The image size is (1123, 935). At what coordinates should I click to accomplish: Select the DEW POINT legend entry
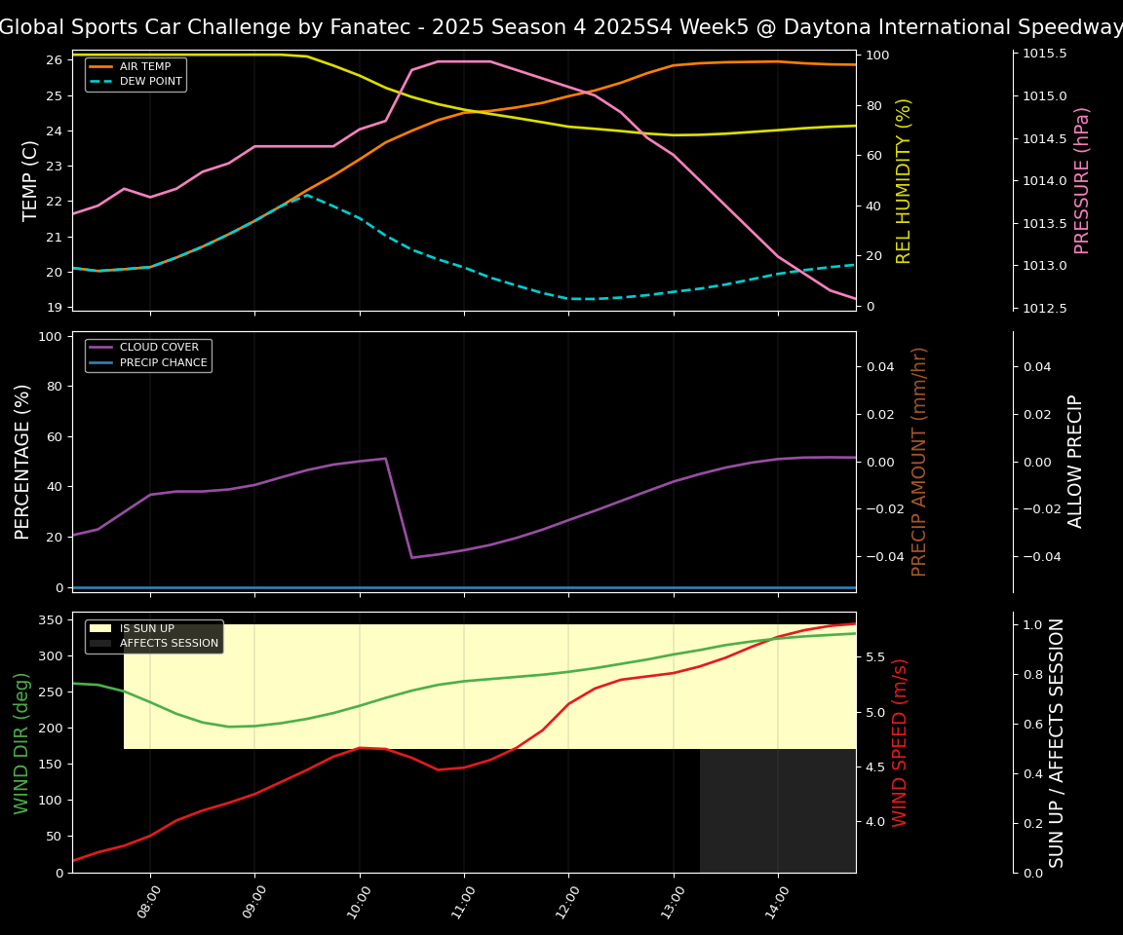click(150, 82)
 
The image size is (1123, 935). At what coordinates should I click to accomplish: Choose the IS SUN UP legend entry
click(146, 629)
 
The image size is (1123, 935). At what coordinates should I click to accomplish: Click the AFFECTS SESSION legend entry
click(169, 644)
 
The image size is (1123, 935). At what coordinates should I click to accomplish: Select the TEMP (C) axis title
click(31, 180)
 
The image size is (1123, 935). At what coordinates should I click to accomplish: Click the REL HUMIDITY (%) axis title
click(904, 180)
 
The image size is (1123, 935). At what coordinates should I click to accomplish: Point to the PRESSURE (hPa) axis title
click(1082, 180)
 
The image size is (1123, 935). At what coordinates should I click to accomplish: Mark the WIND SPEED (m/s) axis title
click(900, 742)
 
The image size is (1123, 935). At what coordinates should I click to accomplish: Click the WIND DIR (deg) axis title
click(21, 742)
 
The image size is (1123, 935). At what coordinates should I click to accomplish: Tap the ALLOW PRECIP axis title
click(1075, 461)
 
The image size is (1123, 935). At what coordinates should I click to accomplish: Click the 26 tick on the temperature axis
click(54, 61)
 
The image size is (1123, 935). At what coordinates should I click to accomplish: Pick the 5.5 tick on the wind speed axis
click(874, 658)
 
